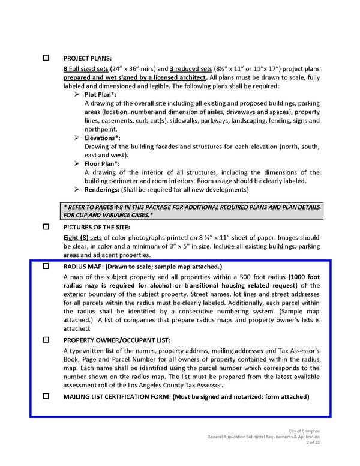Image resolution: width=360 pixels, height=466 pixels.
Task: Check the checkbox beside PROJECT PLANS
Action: coord(46,58)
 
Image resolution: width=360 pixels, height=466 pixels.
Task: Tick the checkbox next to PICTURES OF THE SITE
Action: coord(46,228)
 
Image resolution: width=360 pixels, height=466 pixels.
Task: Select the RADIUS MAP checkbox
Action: coord(46,266)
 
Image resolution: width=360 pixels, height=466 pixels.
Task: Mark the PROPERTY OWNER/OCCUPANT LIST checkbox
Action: coord(46,339)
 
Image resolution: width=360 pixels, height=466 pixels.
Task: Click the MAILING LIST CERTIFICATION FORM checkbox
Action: coord(46,396)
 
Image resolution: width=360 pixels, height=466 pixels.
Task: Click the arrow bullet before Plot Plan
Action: coord(77,95)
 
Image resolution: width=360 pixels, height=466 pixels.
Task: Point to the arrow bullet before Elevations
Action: coord(77,138)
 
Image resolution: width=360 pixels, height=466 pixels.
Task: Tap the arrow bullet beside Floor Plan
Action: coord(77,163)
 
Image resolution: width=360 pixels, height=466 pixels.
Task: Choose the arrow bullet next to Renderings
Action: coord(77,189)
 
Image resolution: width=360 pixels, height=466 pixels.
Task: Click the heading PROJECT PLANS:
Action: coord(87,58)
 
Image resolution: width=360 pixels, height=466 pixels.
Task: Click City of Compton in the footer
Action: coord(304,431)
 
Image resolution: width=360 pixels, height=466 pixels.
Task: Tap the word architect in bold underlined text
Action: coord(190,77)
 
